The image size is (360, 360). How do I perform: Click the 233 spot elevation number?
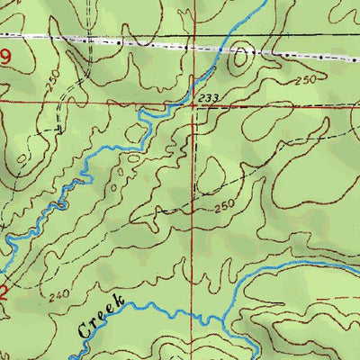tap(205, 96)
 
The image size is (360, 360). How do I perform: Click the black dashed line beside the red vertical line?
tap(193, 162)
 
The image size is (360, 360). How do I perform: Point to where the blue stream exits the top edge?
tap(264, 2)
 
